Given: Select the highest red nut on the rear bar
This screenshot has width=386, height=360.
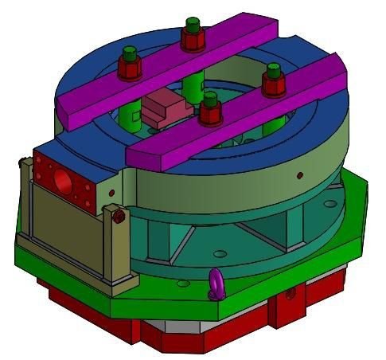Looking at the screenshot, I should point(192,34).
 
